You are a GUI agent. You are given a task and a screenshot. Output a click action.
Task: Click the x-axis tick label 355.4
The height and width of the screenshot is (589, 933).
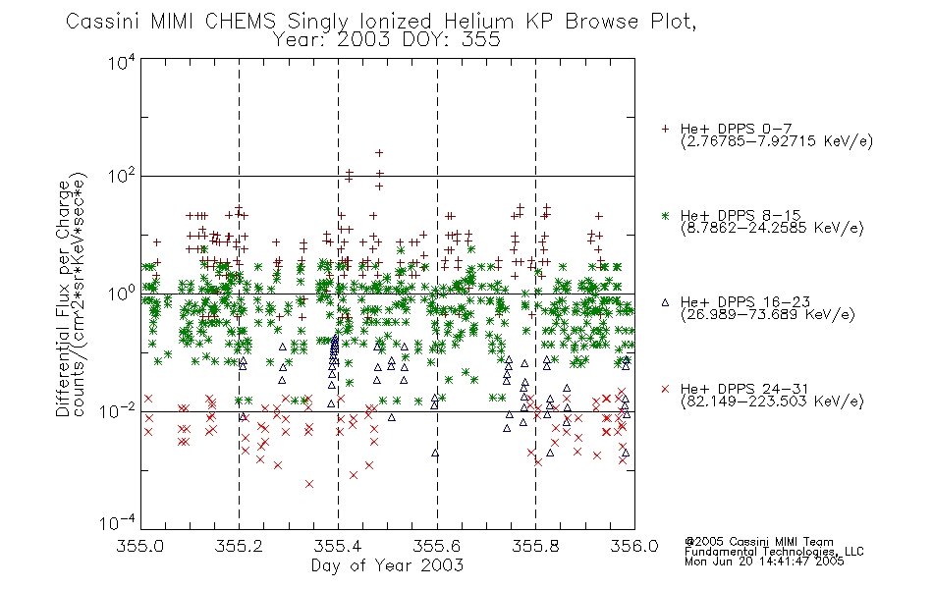click(338, 546)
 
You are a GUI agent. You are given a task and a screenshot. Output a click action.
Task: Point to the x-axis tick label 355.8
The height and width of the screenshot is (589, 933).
click(535, 546)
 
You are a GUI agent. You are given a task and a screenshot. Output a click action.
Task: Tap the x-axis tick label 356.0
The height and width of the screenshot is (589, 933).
click(634, 546)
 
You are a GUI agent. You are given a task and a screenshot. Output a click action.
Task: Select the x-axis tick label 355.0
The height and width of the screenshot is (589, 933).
click(140, 546)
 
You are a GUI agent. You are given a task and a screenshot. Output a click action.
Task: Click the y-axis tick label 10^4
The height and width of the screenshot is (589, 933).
click(122, 62)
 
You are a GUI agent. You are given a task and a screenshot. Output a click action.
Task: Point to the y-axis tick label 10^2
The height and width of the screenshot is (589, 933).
click(122, 177)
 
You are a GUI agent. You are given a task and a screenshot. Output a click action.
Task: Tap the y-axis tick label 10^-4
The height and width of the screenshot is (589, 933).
click(118, 522)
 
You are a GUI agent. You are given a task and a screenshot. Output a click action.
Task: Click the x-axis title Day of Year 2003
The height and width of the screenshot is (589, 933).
click(387, 565)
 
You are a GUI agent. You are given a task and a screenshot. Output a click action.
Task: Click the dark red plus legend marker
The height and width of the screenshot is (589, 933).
click(665, 129)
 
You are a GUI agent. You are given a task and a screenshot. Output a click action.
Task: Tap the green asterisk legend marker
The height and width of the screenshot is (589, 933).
click(665, 216)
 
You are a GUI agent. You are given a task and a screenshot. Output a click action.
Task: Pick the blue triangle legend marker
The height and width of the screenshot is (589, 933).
click(665, 302)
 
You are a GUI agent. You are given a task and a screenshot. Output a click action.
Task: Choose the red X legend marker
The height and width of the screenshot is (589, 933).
click(665, 389)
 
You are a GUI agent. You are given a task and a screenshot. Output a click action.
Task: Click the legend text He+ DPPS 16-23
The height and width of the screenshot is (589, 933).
click(745, 302)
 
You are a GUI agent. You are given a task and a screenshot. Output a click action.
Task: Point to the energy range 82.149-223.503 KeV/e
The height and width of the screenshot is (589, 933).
click(772, 402)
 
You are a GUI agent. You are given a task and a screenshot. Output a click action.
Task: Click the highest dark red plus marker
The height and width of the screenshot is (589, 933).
click(379, 153)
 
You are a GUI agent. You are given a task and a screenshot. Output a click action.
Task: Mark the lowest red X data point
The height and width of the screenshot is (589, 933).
click(309, 484)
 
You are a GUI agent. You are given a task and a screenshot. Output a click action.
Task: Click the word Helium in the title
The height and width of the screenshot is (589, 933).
click(478, 22)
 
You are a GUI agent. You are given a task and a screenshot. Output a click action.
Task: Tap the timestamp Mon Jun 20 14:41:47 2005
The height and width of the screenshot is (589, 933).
click(764, 562)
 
